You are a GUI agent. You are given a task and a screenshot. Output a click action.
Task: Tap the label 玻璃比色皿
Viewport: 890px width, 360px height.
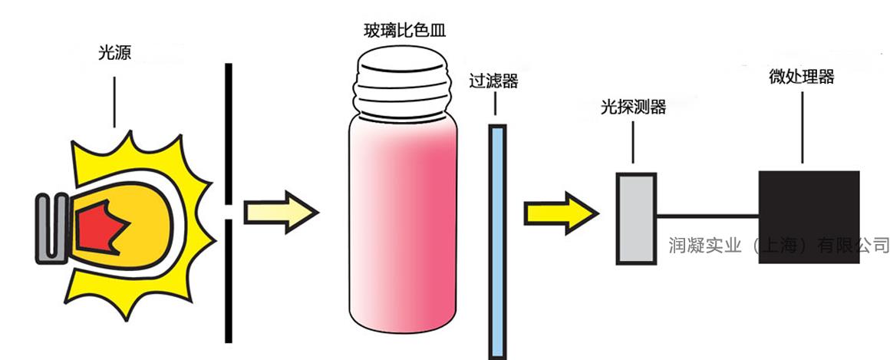click(x=404, y=31)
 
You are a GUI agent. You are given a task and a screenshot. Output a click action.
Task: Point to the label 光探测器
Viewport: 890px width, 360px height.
click(x=633, y=107)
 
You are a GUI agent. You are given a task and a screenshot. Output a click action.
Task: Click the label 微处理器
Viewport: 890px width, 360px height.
click(x=802, y=77)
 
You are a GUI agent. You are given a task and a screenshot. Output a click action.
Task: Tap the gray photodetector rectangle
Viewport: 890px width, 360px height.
click(x=636, y=219)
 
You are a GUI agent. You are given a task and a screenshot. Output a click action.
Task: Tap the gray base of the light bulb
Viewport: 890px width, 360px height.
click(x=51, y=226)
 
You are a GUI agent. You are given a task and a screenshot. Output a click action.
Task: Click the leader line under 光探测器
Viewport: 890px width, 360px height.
click(x=633, y=142)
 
